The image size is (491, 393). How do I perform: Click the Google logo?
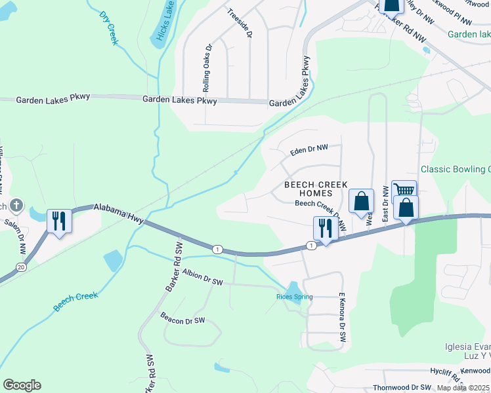(x=22, y=385)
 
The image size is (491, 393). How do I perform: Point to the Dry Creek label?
(x=108, y=28)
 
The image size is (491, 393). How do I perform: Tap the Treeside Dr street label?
(x=240, y=23)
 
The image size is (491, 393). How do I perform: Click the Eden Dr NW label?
(x=309, y=151)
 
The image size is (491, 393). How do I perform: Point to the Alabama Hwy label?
(x=119, y=209)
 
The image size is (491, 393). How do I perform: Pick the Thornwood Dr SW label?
(x=402, y=388)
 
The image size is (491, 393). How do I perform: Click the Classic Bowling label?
(x=456, y=169)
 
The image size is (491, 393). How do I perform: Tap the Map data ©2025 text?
(x=463, y=388)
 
